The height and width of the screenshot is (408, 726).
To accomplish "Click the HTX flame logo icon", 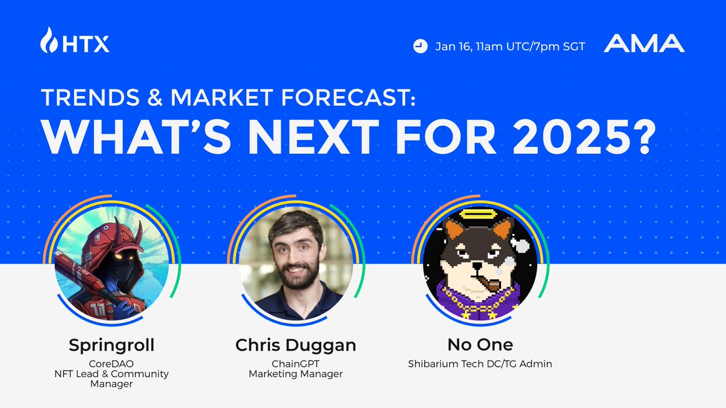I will pos(49,40).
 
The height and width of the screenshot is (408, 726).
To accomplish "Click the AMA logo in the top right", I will pos(644,44).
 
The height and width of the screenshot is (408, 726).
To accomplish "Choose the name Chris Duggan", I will pos(296,345).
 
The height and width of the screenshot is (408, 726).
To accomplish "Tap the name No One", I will pos(480,345).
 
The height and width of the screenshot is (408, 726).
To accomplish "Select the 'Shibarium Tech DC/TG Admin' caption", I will pos(480,363).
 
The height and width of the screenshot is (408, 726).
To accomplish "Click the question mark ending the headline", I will pos(641,139).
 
